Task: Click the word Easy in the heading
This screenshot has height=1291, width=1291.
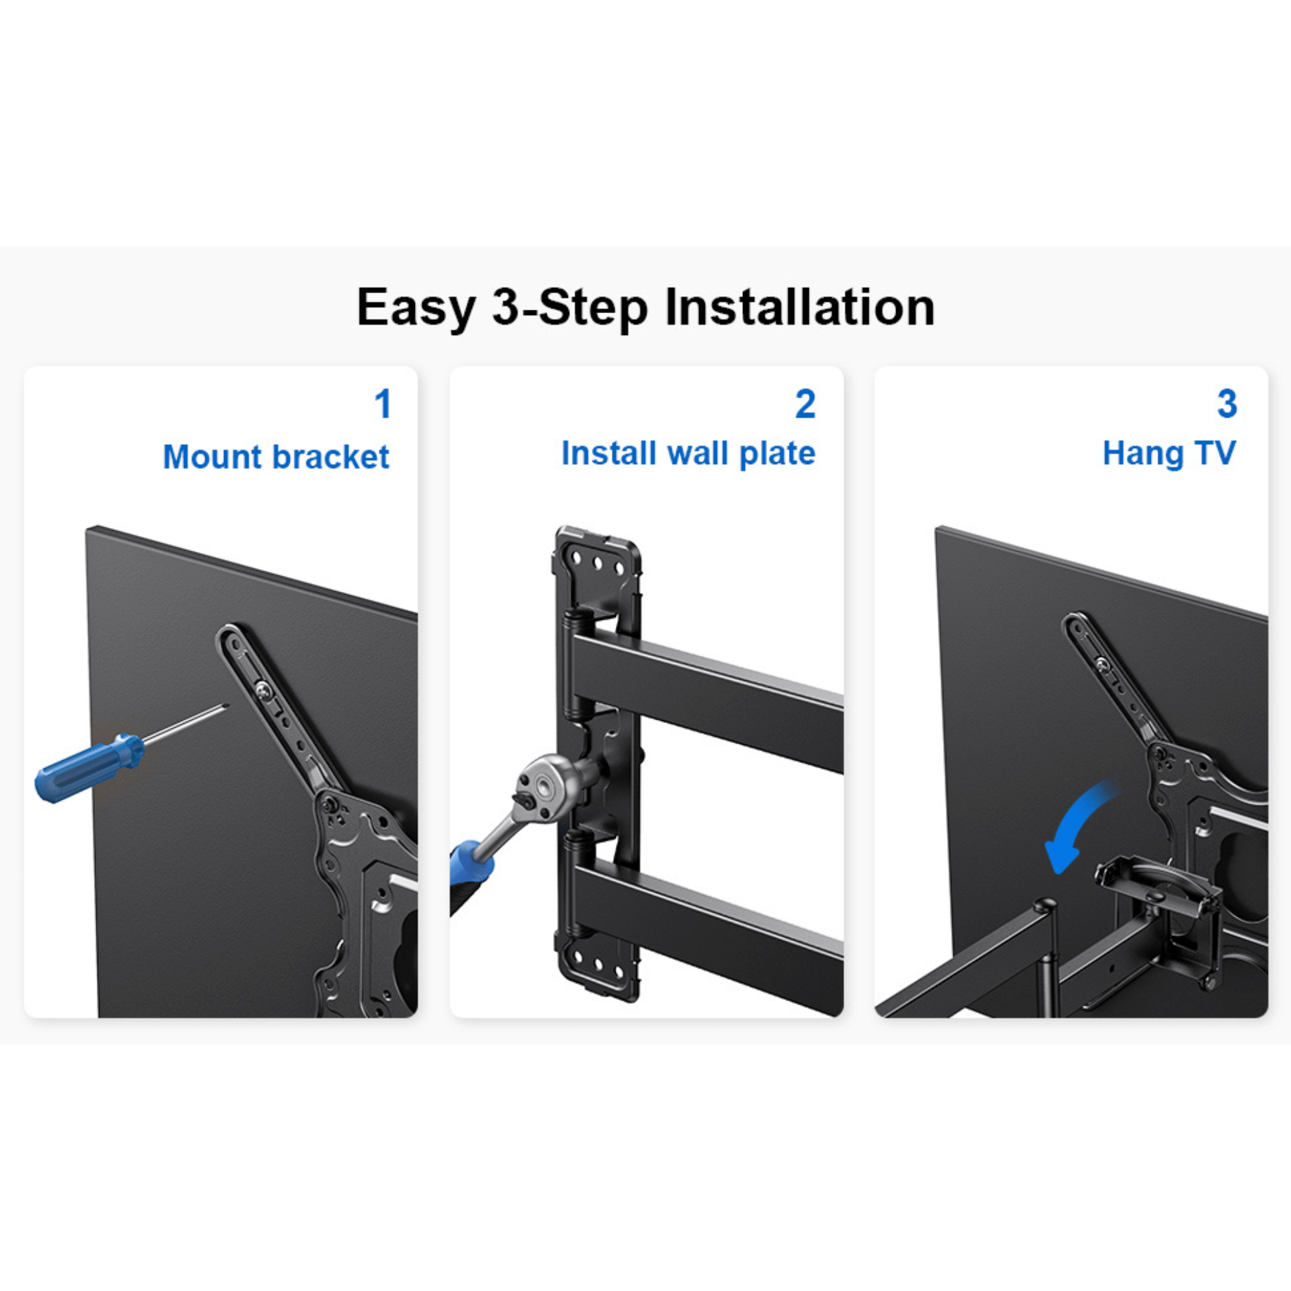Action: point(416,308)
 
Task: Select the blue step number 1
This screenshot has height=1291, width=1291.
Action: point(382,404)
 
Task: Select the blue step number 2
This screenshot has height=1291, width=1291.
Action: point(805,404)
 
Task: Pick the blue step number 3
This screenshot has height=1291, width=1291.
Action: point(1227,404)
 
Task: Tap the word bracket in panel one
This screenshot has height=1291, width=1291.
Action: point(330,458)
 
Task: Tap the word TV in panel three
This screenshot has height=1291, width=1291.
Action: point(1215,454)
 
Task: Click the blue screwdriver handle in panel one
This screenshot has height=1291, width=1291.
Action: point(87,768)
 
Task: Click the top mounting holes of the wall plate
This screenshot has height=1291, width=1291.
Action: point(596,564)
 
